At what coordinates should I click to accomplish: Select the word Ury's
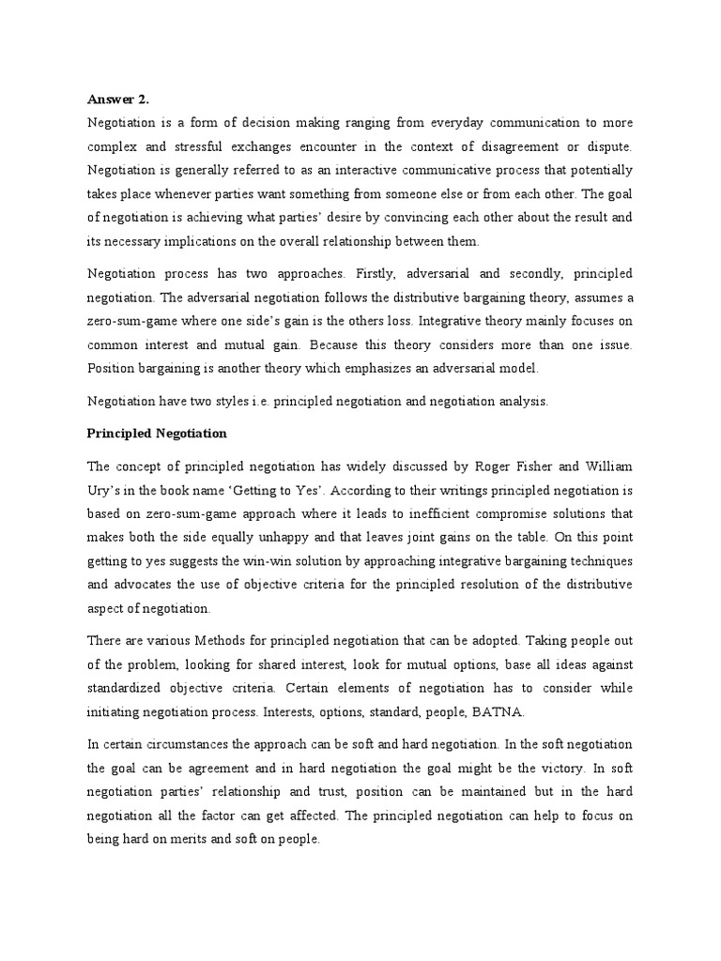104,490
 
